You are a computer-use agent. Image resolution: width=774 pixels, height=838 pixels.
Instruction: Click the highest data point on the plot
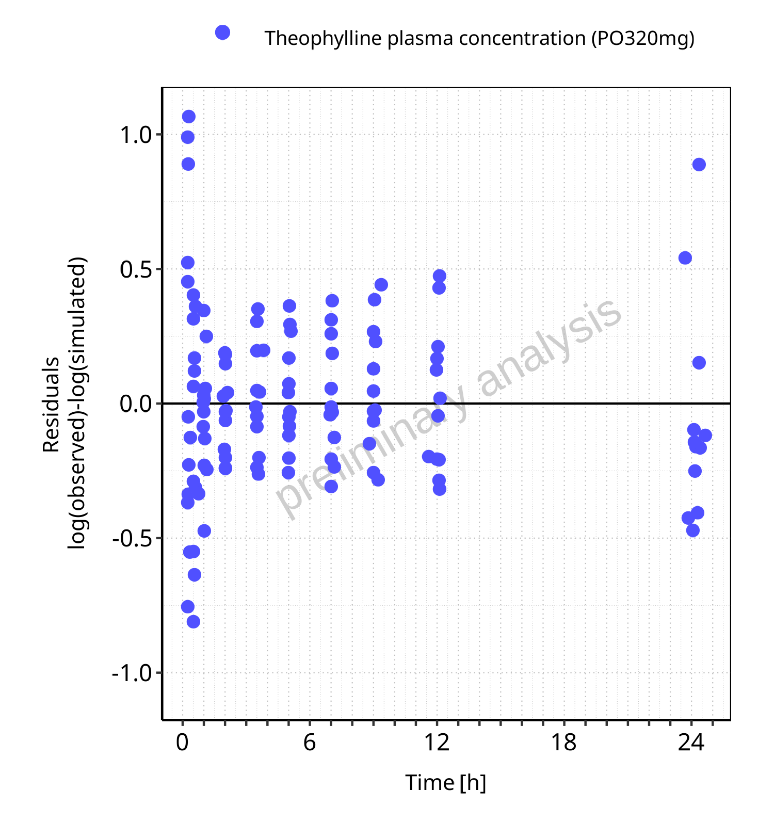(x=189, y=117)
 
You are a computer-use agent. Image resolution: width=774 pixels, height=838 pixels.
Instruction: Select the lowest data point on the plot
(x=193, y=621)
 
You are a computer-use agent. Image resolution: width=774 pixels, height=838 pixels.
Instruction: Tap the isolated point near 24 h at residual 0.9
(x=699, y=165)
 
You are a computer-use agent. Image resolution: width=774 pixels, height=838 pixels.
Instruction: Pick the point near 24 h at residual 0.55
(x=685, y=258)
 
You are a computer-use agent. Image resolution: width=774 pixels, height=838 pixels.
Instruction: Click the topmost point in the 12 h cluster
(x=439, y=276)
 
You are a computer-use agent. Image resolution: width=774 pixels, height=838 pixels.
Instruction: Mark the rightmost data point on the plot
(x=705, y=436)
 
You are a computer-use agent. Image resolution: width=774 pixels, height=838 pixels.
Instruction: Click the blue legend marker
(x=222, y=33)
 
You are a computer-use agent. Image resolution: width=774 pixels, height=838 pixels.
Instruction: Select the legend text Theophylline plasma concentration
(x=479, y=38)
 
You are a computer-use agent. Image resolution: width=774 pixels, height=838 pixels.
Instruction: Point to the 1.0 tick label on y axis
(x=136, y=135)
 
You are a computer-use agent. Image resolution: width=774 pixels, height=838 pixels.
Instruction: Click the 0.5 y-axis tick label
(x=136, y=269)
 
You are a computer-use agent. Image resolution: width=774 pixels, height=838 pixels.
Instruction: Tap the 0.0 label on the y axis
(x=136, y=404)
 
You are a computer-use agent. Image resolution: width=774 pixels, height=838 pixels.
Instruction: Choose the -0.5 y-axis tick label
(x=132, y=538)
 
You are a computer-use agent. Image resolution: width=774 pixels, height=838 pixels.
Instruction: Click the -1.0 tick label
(x=132, y=673)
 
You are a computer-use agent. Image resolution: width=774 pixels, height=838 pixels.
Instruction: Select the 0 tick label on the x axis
(x=182, y=743)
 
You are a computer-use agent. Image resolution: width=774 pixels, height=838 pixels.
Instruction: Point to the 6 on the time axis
(x=310, y=743)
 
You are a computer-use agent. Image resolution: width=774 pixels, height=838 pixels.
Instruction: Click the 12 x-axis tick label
(x=437, y=743)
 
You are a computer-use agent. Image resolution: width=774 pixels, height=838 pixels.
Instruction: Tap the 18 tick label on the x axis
(x=563, y=743)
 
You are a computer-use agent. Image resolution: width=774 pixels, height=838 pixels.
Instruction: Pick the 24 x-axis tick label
(x=691, y=743)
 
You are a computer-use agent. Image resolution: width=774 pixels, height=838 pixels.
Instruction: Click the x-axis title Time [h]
(x=446, y=783)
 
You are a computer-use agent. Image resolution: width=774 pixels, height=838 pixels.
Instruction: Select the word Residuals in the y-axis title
(x=52, y=405)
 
